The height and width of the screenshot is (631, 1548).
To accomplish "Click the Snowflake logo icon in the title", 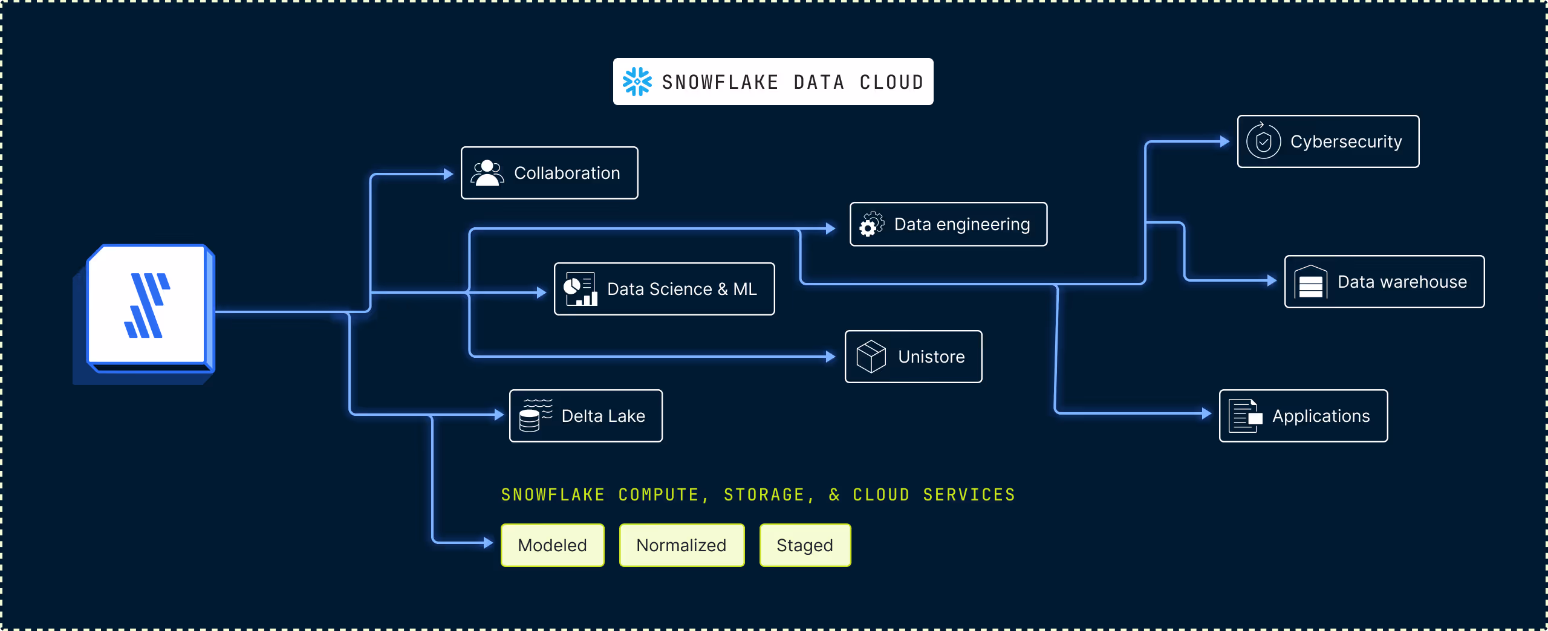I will click(x=637, y=82).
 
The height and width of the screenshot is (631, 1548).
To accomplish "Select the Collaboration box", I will click(x=549, y=173).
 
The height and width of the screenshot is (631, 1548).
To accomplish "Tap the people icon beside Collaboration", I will click(x=487, y=173).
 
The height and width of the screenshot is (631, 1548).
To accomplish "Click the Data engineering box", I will click(x=948, y=224).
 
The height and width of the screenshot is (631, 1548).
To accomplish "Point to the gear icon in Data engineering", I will click(x=871, y=225).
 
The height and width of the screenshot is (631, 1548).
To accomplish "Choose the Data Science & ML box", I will click(x=664, y=289).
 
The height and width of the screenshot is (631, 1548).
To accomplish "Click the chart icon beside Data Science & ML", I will click(x=580, y=289).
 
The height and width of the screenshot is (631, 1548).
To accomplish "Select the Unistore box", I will click(x=913, y=357).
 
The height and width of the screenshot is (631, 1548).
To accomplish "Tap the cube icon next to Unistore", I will click(x=871, y=357).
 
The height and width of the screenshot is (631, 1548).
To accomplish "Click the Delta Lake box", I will click(x=585, y=416).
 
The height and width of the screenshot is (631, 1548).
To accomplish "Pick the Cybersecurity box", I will click(x=1328, y=141).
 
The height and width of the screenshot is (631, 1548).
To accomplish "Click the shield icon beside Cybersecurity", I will click(x=1263, y=141).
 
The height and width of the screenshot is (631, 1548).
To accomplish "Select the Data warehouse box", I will click(x=1384, y=282).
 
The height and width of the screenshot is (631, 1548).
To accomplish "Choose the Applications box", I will click(x=1303, y=416).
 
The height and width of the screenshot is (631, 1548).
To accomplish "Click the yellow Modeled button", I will click(x=552, y=545).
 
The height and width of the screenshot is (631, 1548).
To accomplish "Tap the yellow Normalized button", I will click(x=681, y=545).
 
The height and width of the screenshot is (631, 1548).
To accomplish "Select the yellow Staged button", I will click(x=805, y=545).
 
